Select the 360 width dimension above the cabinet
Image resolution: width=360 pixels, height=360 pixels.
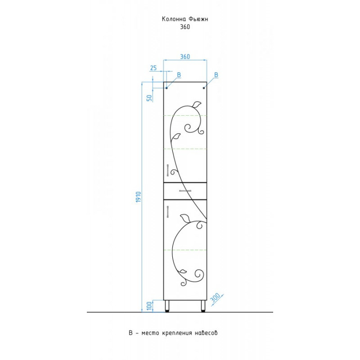[185, 57]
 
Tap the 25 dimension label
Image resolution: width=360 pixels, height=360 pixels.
[153, 68]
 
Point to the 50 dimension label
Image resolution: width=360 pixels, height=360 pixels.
[149, 98]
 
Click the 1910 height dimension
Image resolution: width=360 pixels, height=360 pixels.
[138, 197]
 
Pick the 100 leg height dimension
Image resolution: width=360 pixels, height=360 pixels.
[149, 306]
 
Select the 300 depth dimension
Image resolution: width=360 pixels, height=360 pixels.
[215, 298]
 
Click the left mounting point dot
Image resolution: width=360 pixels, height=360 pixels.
[166, 88]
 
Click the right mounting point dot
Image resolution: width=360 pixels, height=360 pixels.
[204, 88]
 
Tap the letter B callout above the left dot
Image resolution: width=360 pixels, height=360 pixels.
[179, 75]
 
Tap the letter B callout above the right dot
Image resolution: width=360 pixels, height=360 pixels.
[216, 75]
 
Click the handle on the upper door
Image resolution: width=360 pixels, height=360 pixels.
[168, 170]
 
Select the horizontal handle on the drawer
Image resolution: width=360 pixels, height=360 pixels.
[185, 190]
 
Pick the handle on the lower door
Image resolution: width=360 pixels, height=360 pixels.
[168, 211]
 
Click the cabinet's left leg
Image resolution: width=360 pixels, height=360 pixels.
[167, 306]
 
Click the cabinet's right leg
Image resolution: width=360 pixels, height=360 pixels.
[203, 306]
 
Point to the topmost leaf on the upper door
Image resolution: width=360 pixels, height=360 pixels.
[197, 104]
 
